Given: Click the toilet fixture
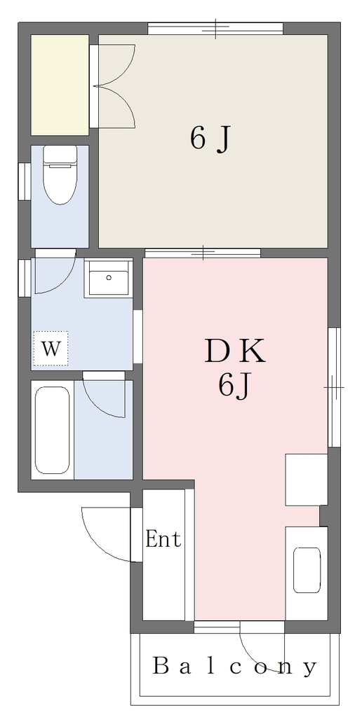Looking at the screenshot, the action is pos(60,174).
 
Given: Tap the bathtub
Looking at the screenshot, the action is pos(53,431).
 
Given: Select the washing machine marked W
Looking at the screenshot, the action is pos(51,349).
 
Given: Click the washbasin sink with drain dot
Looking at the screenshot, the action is pos(109,279).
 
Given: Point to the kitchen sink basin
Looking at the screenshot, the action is pos(307,570).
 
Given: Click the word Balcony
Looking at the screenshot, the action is pos(234,667).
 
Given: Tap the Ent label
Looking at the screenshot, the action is pos(163,539).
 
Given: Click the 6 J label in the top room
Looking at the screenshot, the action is pos(209,139).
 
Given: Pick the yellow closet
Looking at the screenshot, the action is pos(60,85).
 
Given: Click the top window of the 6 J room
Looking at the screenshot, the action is pos(215,28).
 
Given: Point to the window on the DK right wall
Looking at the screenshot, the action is pos(335,387).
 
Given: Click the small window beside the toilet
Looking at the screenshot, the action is pos(25,181).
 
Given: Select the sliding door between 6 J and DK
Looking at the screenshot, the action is pos(203,252).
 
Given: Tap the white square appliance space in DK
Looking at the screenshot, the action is pos(306,480).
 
